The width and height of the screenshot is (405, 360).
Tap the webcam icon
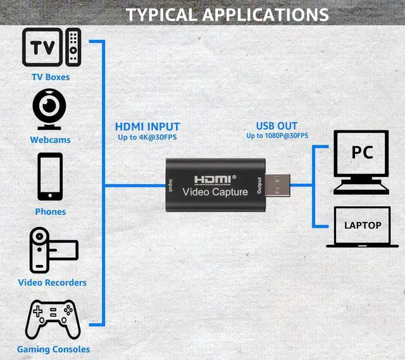tap(51, 109)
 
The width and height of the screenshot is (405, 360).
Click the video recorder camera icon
tap(52, 249)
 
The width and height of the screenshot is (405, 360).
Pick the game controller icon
tap(52, 320)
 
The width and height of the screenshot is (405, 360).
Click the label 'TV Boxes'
tap(51, 77)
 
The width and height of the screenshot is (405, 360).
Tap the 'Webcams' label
tap(51, 140)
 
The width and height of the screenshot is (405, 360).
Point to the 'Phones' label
tap(51, 211)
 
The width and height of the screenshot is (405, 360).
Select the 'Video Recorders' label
tap(52, 282)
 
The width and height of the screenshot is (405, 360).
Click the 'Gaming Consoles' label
tap(53, 349)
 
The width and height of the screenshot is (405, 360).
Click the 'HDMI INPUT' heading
tap(147, 127)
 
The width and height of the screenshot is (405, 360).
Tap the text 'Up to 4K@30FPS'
tap(147, 137)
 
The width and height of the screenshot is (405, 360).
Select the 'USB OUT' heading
tap(277, 126)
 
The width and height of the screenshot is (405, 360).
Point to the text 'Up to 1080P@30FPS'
tap(277, 135)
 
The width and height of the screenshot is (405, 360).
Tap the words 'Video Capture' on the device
tap(215, 192)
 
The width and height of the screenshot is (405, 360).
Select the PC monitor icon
tap(361, 158)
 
